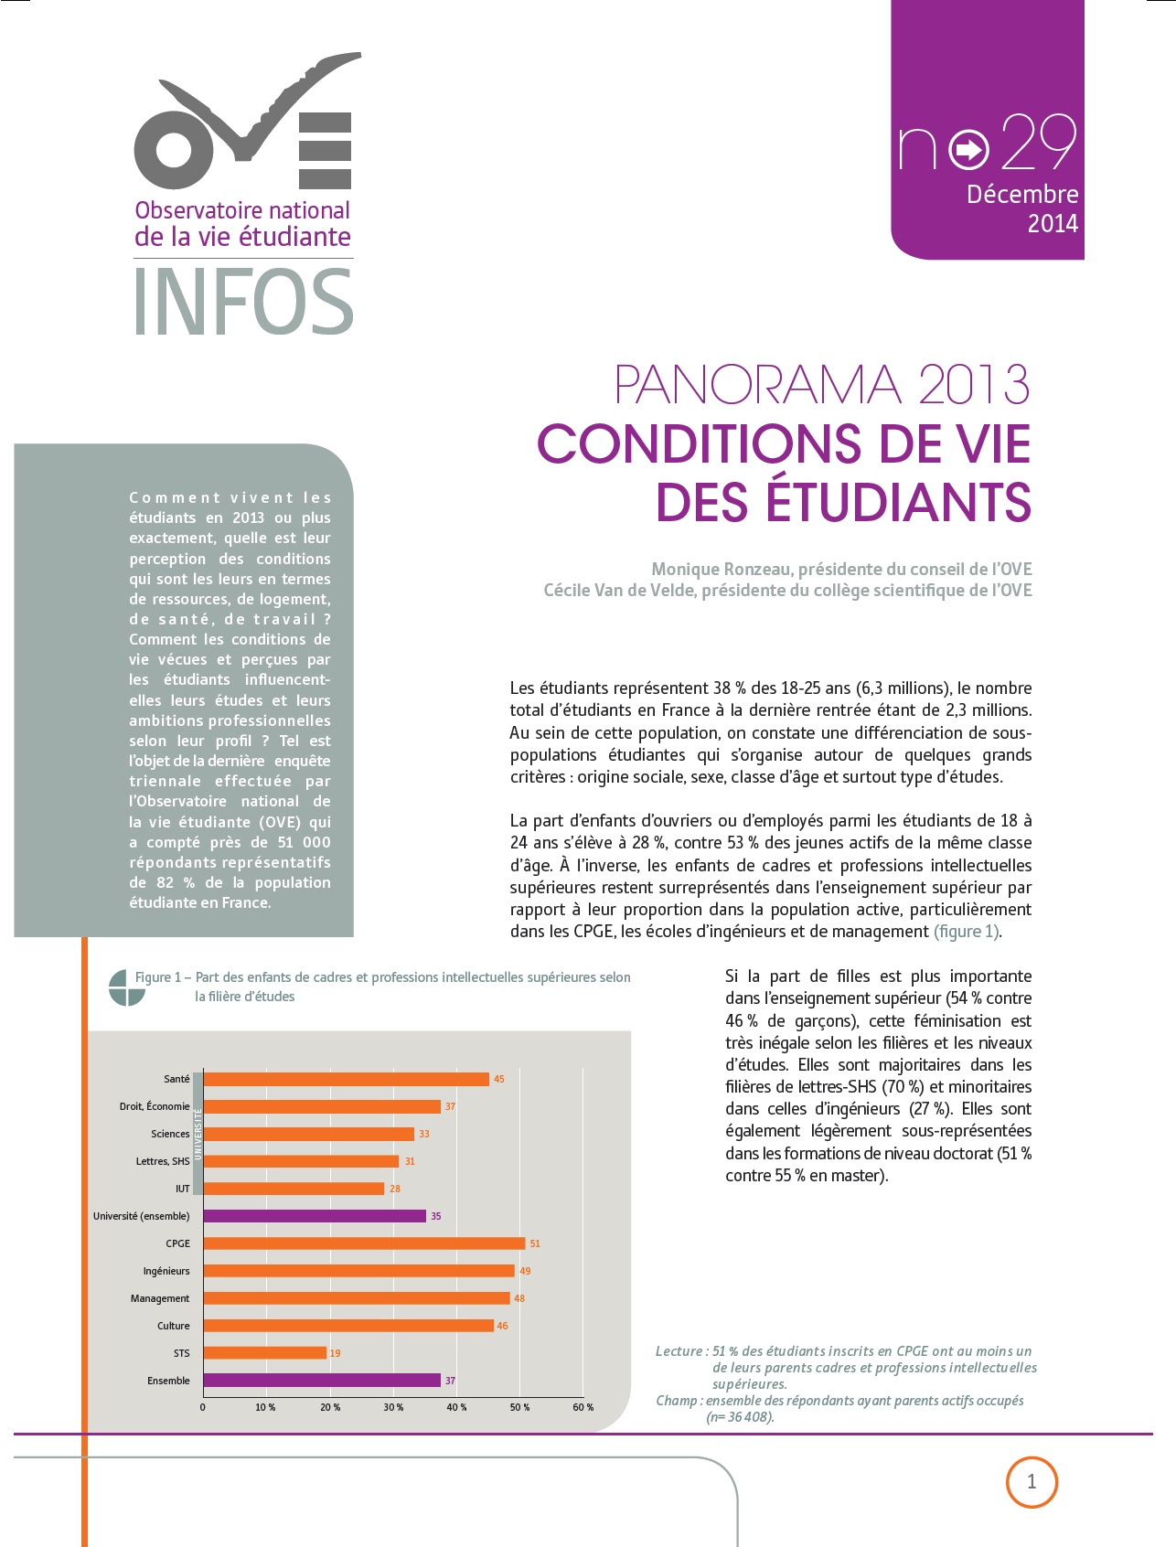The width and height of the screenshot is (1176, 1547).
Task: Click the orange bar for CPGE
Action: [x=364, y=1243]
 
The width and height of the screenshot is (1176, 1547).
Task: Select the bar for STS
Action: [x=264, y=1353]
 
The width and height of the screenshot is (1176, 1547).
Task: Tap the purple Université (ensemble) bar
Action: [x=315, y=1216]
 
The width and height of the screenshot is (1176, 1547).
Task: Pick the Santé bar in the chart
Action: [x=346, y=1079]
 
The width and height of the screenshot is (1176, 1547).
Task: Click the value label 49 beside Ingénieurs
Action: [x=525, y=1271]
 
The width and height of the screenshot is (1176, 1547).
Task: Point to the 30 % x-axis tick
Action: [x=393, y=1407]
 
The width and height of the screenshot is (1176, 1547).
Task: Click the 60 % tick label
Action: [x=583, y=1407]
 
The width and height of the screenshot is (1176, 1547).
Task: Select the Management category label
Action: [x=160, y=1298]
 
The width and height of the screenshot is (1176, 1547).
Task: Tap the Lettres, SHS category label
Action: [x=163, y=1161]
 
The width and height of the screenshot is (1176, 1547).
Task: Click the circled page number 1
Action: [x=1032, y=1482]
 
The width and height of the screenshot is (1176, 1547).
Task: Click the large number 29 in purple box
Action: [x=1040, y=144]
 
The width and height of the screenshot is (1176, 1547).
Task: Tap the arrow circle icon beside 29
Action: [x=968, y=150]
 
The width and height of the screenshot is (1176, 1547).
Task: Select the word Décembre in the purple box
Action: [x=1022, y=194]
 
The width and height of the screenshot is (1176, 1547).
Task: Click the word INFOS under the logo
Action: [x=244, y=302]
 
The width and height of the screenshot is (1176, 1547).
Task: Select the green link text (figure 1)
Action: [x=967, y=932]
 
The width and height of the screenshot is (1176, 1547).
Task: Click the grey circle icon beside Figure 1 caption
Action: [x=127, y=987]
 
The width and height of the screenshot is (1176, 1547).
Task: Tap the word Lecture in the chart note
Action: [x=679, y=1351]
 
